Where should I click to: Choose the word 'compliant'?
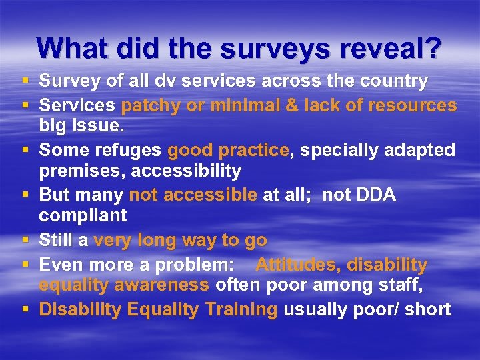83,216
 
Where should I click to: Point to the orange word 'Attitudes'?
297,265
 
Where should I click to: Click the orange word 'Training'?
241,309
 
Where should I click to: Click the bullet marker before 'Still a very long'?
25,240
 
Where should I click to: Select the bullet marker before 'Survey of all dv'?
25,81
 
